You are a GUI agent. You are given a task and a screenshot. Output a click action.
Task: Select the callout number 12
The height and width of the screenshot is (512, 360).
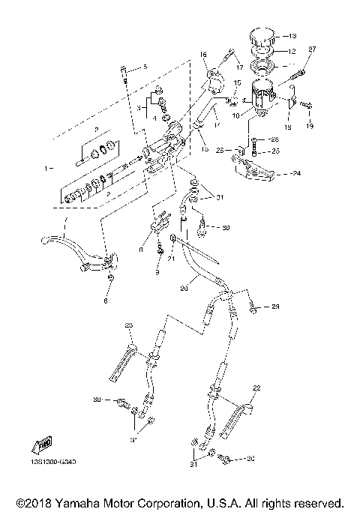point(292,52)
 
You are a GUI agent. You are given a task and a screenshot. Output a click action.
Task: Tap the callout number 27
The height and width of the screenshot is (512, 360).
point(313,49)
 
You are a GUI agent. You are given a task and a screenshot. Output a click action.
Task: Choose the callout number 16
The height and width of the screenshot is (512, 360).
point(202,54)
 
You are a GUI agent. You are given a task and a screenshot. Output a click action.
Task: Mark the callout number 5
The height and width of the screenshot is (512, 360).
point(145,68)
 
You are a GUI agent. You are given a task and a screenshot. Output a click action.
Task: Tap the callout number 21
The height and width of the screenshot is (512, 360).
point(171,259)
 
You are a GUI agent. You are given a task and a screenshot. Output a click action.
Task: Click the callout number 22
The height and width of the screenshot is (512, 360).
point(256,388)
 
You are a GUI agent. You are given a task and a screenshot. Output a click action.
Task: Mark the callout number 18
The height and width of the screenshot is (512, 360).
point(288,128)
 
